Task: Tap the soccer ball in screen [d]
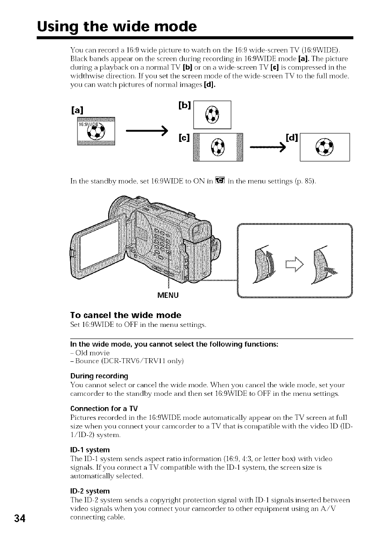[x=325, y=147]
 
